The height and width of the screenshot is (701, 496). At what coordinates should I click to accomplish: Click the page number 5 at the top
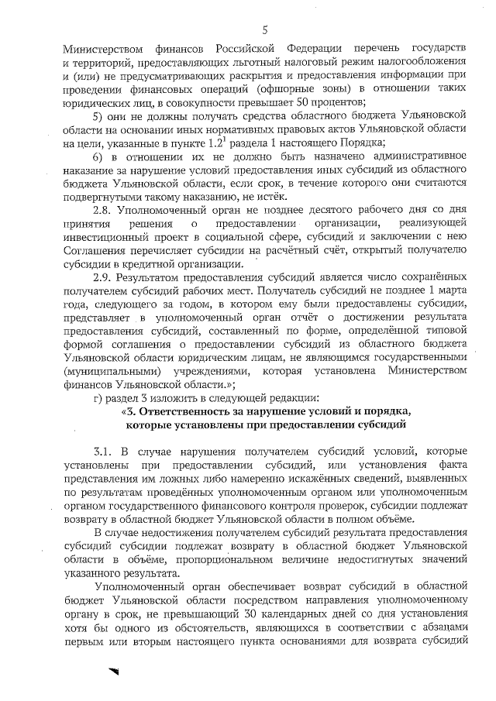264,30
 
